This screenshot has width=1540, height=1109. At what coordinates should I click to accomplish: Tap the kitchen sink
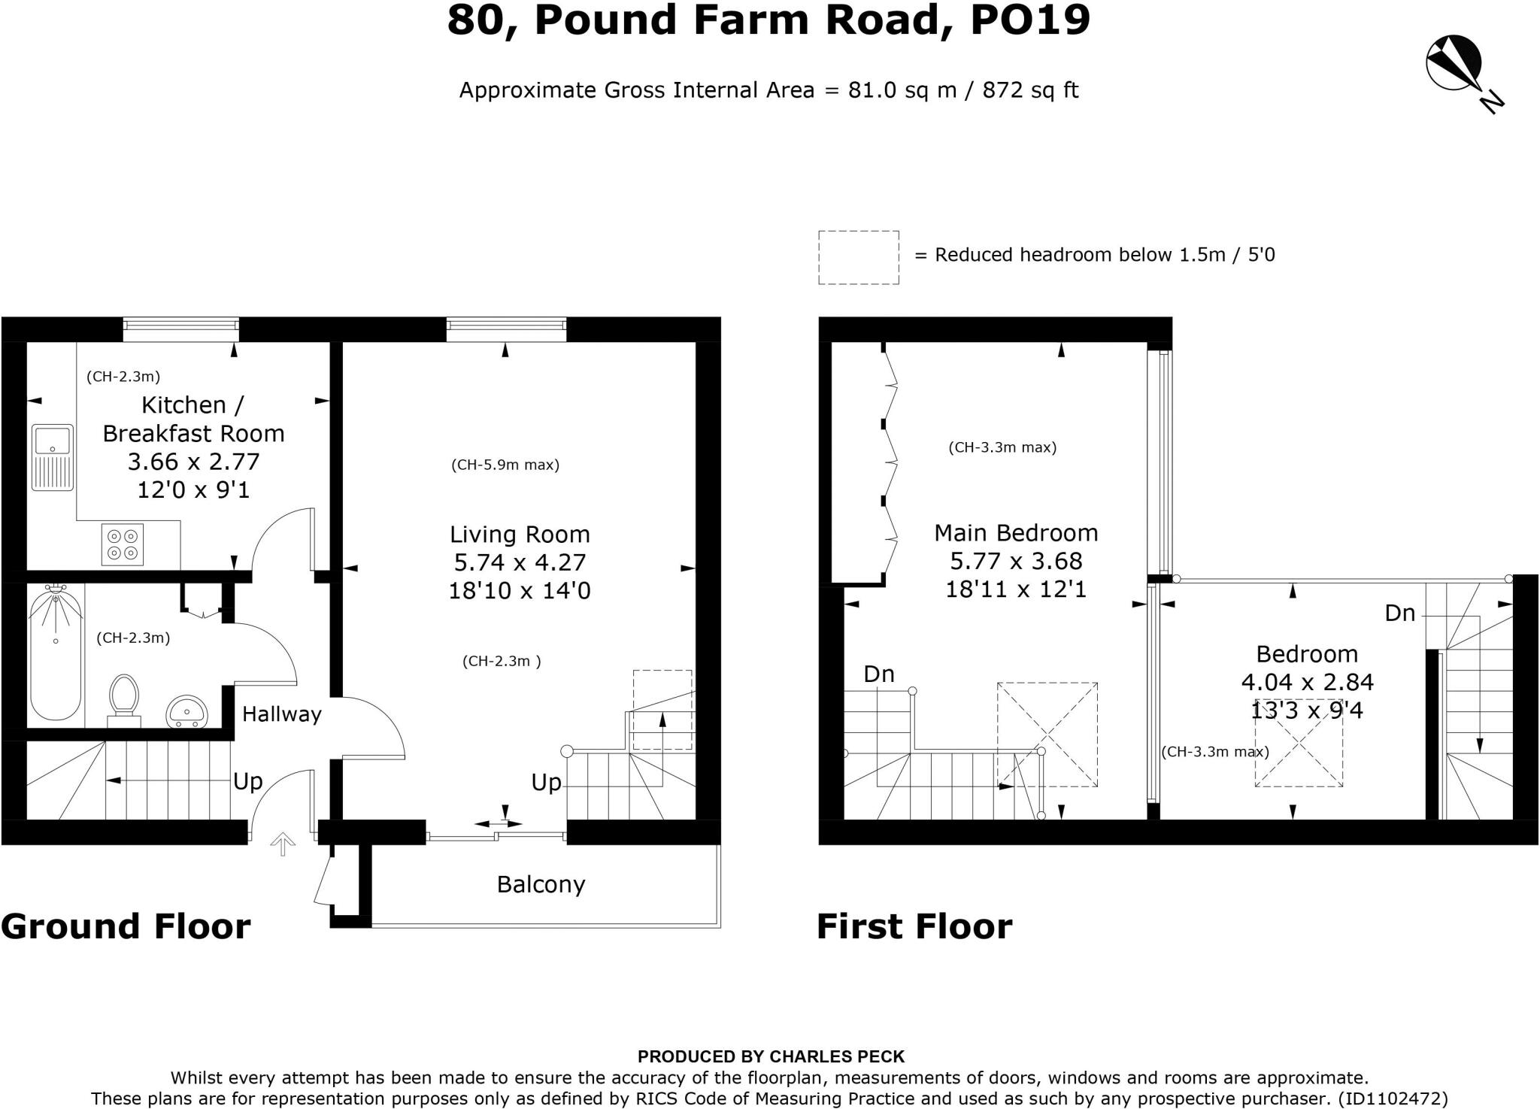point(53,457)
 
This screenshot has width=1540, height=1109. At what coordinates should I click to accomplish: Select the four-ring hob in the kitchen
point(123,544)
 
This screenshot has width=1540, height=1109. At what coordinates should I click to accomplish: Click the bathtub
point(56,652)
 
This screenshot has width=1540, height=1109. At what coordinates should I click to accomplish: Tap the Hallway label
point(281,714)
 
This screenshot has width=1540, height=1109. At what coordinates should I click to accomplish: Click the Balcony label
point(541,884)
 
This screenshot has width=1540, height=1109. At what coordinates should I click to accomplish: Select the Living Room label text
point(520,535)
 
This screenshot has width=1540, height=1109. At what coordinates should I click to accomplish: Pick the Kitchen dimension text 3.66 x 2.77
point(193,461)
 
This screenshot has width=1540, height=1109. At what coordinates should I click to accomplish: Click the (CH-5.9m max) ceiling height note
point(505,465)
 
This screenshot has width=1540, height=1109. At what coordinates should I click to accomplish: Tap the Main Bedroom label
point(1016,533)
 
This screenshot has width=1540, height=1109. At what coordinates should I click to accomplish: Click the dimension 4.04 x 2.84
point(1307,682)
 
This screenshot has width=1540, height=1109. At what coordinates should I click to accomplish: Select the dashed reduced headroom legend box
point(858,257)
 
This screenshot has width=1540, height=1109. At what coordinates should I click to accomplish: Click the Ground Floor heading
point(126,926)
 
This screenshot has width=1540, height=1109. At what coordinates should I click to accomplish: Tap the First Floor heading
point(914,926)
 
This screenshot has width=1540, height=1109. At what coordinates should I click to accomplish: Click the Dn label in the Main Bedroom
point(878,674)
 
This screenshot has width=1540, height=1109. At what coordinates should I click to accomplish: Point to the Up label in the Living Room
point(546,783)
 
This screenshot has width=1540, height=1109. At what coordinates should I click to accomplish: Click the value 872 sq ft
point(1030,90)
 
